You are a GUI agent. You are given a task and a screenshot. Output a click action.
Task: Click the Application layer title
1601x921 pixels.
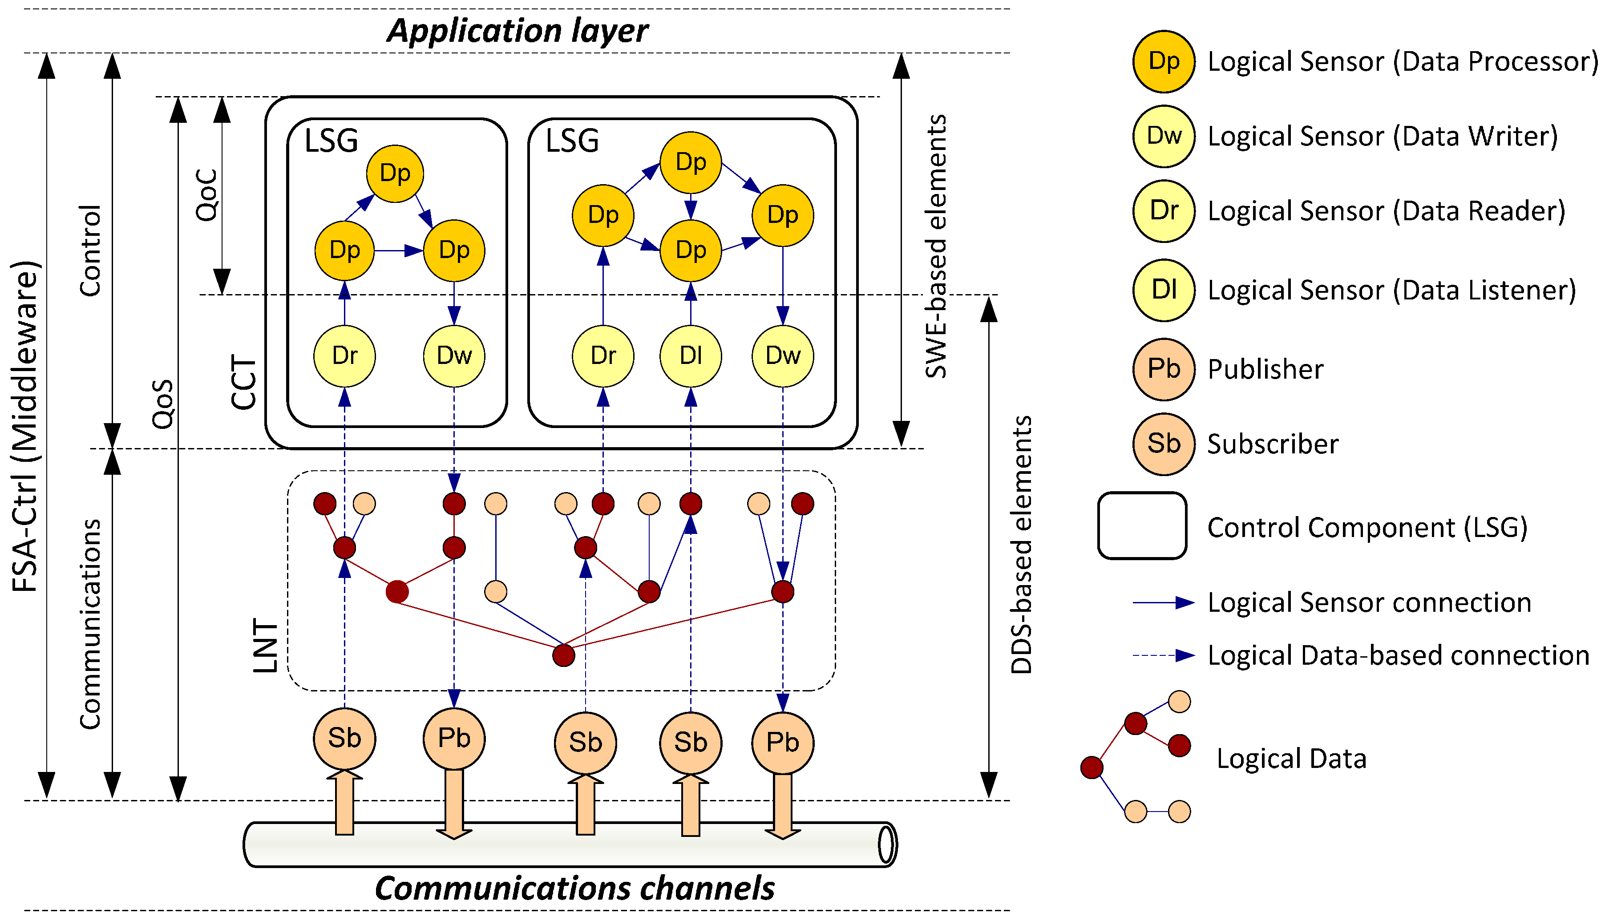coord(517,32)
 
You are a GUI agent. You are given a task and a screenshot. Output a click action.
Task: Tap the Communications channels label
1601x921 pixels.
coord(574,889)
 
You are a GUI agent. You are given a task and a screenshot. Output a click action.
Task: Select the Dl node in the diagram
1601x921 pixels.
coord(690,355)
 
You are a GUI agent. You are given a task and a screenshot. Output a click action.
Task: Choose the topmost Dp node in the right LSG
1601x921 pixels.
coord(690,162)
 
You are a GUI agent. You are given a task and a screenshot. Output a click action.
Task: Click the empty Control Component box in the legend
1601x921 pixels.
coord(1142,525)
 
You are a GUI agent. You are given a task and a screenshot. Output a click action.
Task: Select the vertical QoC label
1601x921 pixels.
coord(207,195)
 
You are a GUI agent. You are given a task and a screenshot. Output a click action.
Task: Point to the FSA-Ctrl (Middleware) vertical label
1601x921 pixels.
coord(26,426)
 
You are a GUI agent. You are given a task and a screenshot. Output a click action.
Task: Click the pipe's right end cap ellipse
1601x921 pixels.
coord(887,844)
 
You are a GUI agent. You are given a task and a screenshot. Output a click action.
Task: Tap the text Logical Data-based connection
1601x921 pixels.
coord(1398,655)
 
